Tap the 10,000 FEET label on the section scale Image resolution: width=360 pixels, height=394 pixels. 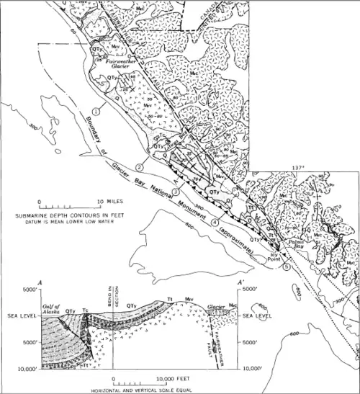174,377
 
